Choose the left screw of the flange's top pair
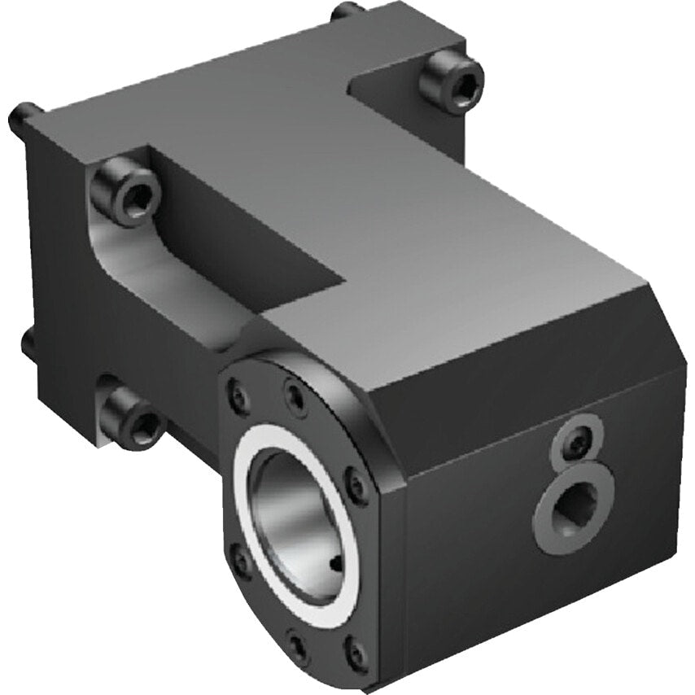(239, 396)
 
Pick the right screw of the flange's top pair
(295, 399)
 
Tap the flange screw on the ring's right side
(356, 487)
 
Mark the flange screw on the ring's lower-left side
(240, 561)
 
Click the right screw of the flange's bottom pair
(355, 651)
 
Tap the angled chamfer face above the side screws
(521, 374)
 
